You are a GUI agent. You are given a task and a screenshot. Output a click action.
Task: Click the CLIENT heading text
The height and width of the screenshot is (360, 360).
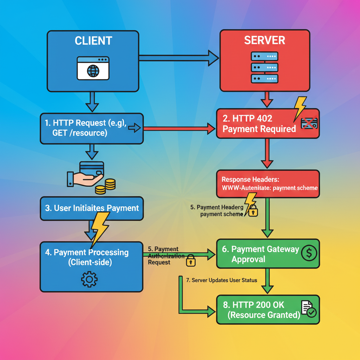pos(93,40)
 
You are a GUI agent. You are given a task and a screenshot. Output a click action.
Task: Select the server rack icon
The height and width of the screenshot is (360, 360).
pos(264,67)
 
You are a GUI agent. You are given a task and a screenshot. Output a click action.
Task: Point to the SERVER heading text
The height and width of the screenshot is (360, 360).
pos(264,40)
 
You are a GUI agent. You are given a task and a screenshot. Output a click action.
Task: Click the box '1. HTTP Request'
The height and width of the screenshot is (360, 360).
pos(91,128)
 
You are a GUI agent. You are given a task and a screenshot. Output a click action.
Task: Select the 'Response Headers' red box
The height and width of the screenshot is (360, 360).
pos(268,184)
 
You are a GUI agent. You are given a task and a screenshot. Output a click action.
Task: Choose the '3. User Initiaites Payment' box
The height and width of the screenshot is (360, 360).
pos(91,208)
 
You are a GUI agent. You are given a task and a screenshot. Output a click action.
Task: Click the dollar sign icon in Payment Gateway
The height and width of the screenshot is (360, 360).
pos(309,252)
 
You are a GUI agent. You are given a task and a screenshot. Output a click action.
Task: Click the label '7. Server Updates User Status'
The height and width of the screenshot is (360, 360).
pos(221,280)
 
